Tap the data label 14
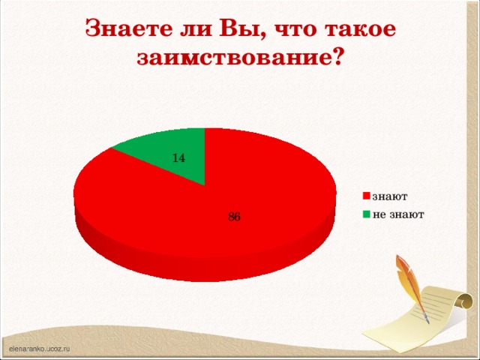pos(178,158)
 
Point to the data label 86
pos(234,217)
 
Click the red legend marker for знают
pos(367,197)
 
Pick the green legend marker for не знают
pos(367,214)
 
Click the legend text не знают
pos(398,214)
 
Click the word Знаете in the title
pos(127,28)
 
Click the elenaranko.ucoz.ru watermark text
pos(39,349)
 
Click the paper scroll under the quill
pos(446,308)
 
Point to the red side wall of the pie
pos(202,259)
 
